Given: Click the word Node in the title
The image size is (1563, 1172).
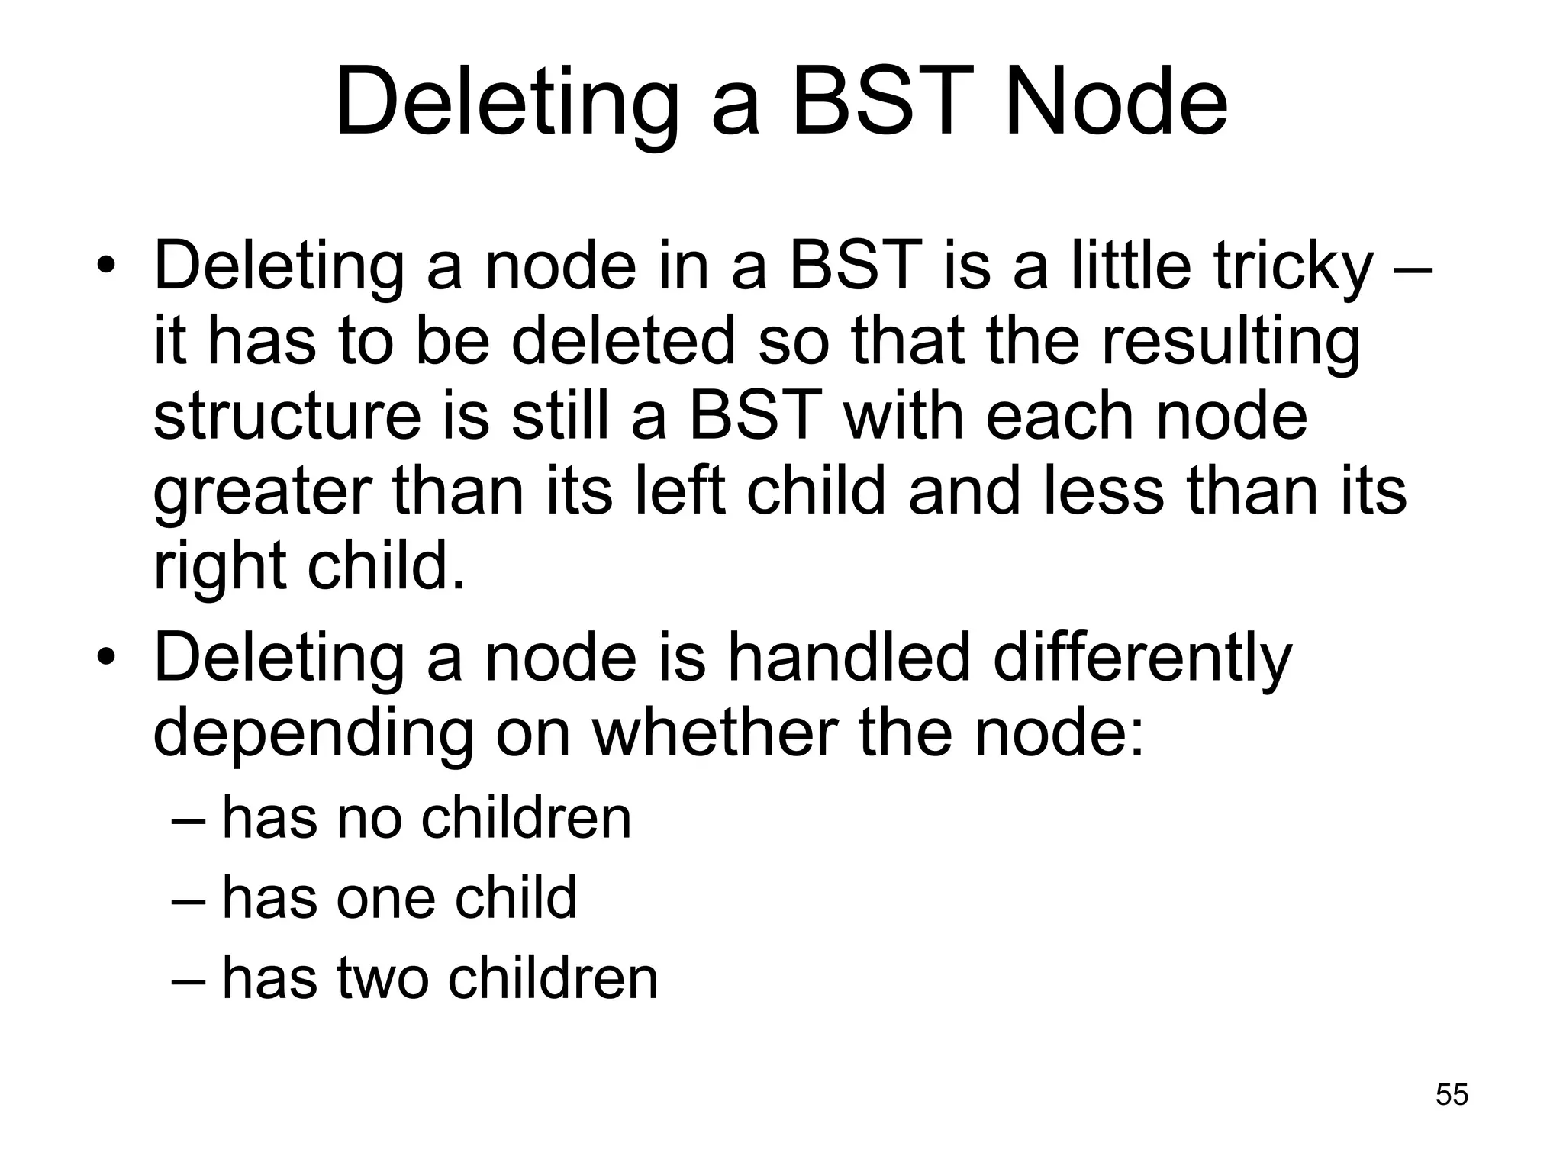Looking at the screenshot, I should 1115,101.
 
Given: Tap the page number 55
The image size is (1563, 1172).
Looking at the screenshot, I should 1452,1094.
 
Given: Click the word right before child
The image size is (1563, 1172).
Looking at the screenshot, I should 220,567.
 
